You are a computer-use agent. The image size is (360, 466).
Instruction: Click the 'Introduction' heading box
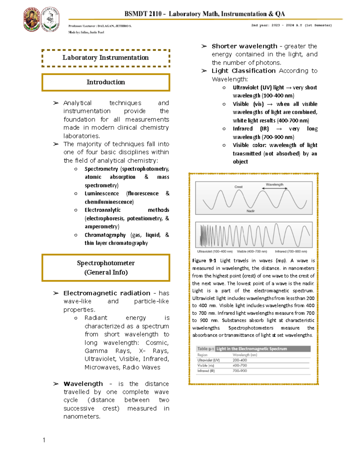coord(106,82)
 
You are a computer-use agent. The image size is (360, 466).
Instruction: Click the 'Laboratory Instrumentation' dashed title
coord(106,58)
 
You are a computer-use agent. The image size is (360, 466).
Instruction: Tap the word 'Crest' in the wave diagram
coord(238,187)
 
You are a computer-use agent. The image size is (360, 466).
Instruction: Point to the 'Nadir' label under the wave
coord(250,211)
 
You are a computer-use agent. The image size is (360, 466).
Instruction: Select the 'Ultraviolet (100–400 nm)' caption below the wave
coord(215,251)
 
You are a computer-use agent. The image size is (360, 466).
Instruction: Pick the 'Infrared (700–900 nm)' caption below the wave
coord(291,251)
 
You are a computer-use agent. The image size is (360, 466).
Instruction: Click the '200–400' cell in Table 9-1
coord(240,360)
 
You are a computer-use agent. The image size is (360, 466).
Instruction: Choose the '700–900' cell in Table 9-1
coord(240,371)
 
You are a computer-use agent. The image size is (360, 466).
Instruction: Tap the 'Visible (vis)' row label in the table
coord(206,365)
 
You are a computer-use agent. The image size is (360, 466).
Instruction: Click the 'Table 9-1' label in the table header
coord(205,349)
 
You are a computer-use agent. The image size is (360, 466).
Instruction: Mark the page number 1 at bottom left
coord(44,440)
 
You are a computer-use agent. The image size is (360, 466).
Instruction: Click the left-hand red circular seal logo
coord(31,20)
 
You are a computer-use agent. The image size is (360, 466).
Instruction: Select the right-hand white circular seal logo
coord(50,20)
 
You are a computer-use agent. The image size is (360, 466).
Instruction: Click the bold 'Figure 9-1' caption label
coord(204,261)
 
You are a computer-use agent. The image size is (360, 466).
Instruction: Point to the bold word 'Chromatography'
coord(105,235)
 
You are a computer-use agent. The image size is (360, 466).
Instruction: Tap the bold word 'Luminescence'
coord(102,194)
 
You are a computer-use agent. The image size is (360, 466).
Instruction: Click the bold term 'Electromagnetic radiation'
coord(107,293)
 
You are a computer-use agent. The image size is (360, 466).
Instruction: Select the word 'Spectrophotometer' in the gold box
coord(106,263)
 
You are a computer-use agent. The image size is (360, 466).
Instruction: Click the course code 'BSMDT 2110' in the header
coord(143,14)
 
